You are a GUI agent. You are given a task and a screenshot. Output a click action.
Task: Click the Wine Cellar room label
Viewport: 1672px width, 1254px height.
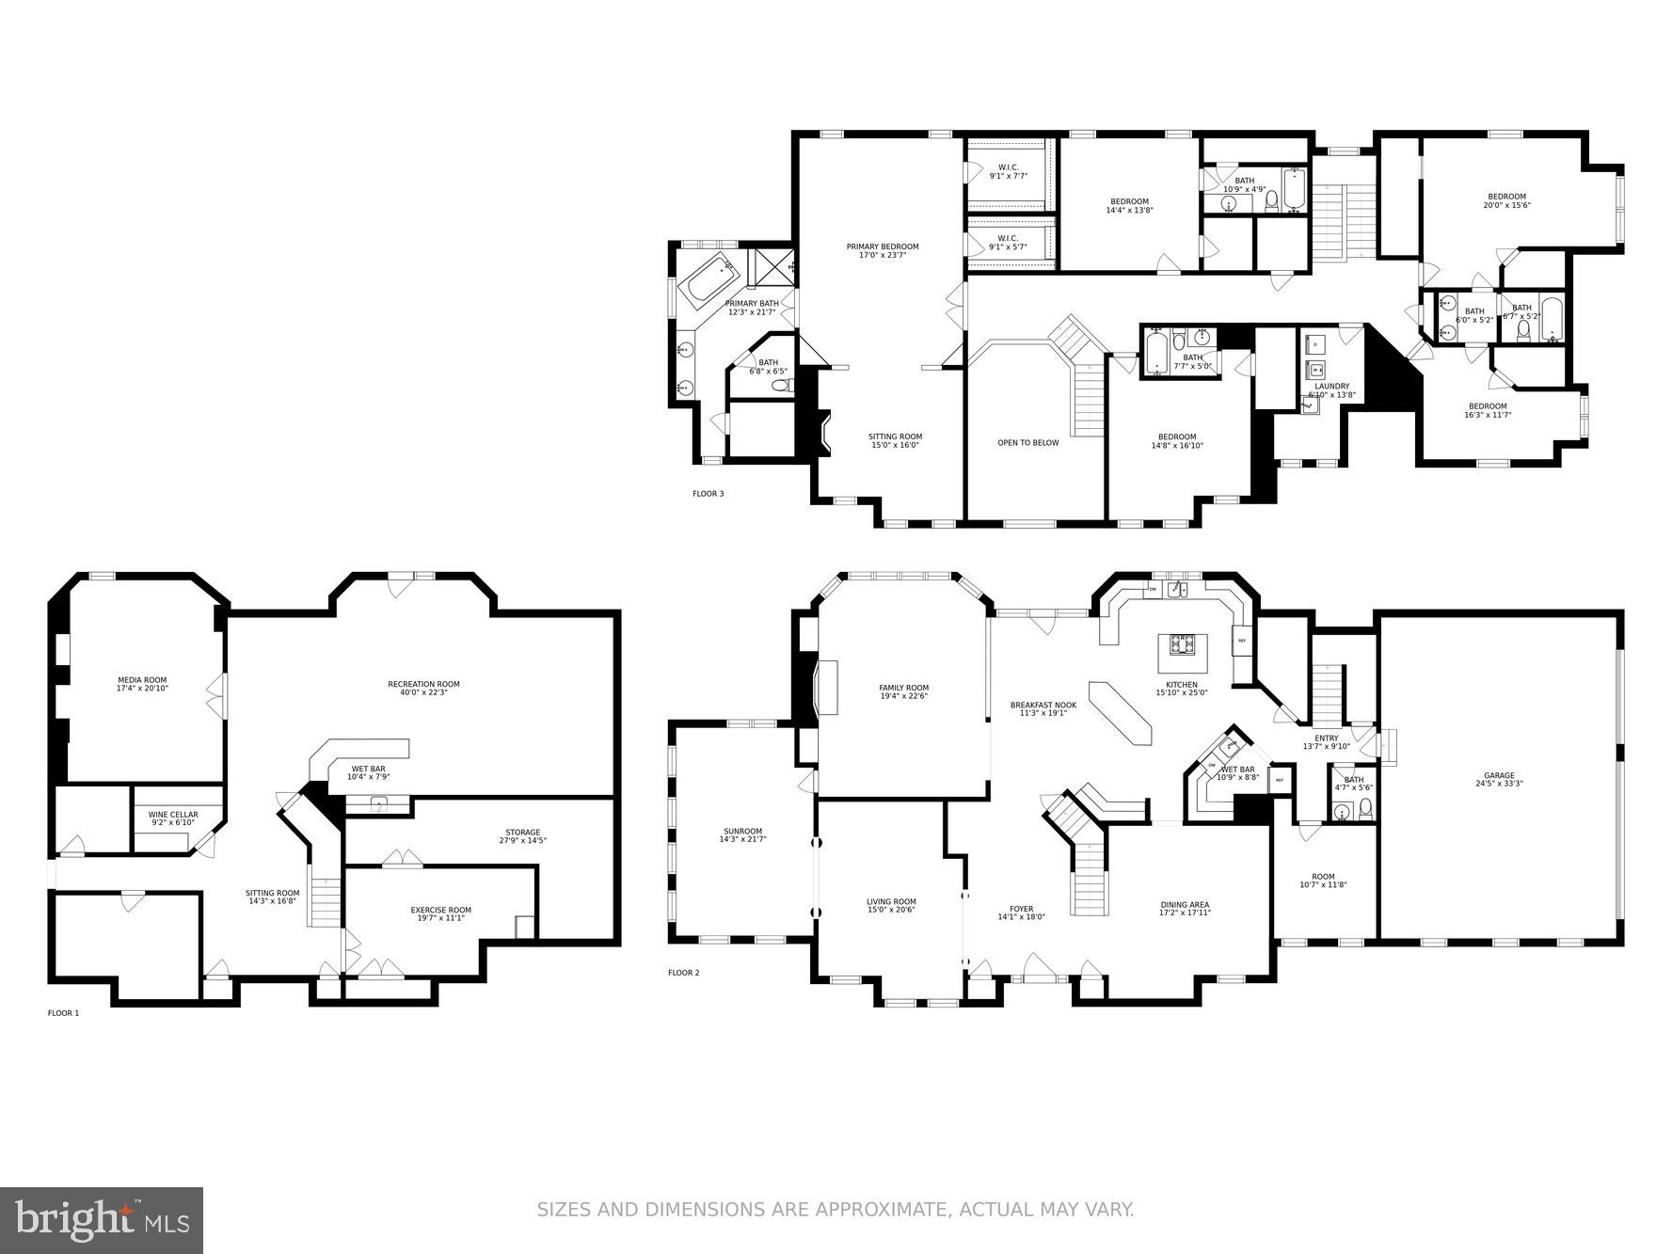tap(173, 815)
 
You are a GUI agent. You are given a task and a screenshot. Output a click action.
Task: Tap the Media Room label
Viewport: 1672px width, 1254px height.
tap(142, 680)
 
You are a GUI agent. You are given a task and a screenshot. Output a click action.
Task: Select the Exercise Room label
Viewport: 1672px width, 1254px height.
tap(440, 910)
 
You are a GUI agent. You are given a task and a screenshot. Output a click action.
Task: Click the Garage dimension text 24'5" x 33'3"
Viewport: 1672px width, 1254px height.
tap(1499, 784)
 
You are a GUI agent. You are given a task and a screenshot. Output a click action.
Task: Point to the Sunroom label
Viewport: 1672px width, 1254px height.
tap(742, 832)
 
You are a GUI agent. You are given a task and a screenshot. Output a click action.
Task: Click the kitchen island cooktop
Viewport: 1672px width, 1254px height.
tap(1182, 644)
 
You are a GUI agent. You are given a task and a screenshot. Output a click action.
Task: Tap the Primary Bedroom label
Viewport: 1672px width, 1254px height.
tap(882, 246)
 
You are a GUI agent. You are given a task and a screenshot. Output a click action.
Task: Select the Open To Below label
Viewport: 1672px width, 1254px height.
tap(1027, 442)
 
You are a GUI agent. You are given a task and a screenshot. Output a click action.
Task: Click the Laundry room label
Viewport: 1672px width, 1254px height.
tap(1331, 386)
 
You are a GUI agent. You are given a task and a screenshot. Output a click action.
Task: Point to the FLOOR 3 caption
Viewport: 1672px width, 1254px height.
tap(708, 494)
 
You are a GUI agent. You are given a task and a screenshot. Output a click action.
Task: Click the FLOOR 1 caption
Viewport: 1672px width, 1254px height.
tap(63, 1013)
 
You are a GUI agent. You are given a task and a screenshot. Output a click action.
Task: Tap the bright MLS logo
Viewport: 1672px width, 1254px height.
tap(102, 1220)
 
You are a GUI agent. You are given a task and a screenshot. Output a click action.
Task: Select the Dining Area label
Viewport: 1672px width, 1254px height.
tap(1185, 905)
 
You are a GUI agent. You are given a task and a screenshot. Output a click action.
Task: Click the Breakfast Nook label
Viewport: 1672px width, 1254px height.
tap(1043, 705)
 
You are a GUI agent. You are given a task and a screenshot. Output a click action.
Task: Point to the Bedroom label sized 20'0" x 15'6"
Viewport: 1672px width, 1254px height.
tap(1505, 197)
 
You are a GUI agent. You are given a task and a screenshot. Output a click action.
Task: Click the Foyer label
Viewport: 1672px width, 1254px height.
tap(1021, 909)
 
